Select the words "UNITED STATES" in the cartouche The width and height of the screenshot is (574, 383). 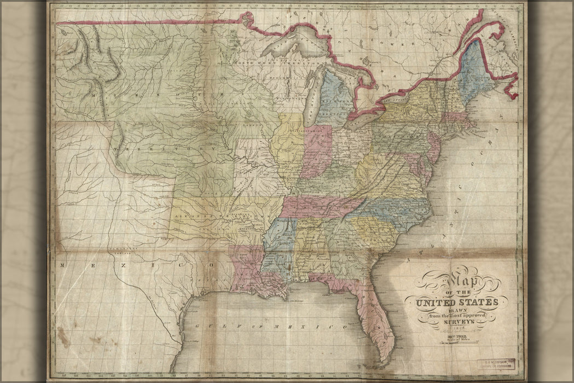pyautogui.click(x=457, y=301)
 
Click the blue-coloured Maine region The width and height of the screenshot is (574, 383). pyautogui.click(x=475, y=71)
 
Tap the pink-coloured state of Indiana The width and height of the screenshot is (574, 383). pyautogui.click(x=317, y=150)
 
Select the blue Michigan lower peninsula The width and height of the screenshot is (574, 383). pyautogui.click(x=335, y=98)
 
